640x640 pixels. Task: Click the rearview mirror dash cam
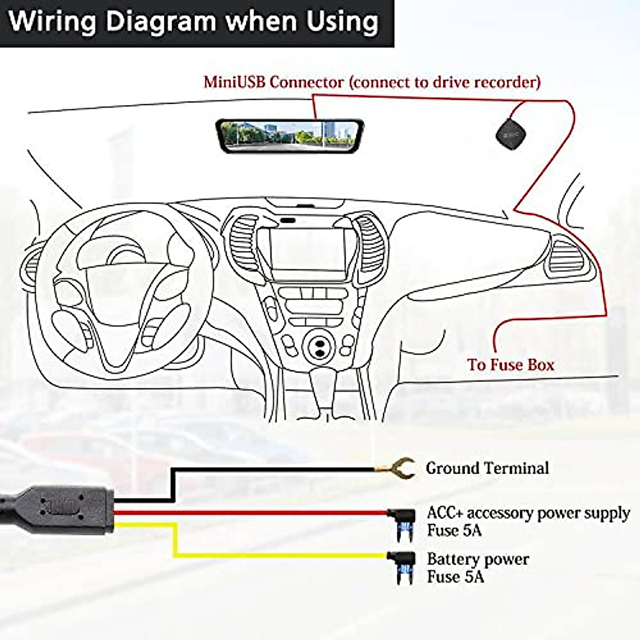tap(290, 135)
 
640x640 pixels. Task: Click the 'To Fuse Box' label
tap(510, 365)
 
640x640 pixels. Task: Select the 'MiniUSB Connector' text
tap(274, 82)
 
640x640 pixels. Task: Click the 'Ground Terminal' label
tap(487, 468)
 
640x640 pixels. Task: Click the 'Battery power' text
tap(478, 559)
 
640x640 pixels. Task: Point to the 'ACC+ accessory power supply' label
tap(528, 513)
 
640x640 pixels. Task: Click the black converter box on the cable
tap(61, 509)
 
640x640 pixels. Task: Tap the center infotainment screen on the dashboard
tap(308, 249)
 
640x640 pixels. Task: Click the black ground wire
tap(267, 469)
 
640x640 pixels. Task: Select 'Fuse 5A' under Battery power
tap(455, 577)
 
